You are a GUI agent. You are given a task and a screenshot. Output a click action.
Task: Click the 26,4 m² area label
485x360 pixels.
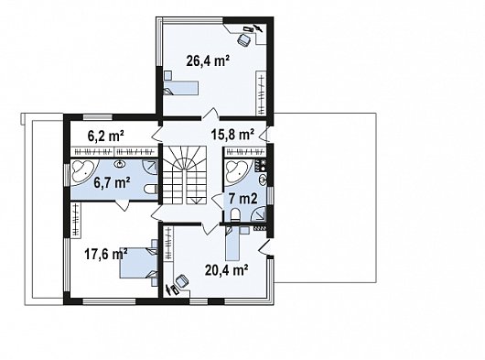208,61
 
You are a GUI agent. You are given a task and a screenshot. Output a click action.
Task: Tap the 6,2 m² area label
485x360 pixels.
106,136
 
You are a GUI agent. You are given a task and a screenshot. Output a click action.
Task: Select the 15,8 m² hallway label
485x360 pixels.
232,135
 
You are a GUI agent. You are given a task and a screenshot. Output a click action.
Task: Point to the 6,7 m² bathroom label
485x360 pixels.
112,182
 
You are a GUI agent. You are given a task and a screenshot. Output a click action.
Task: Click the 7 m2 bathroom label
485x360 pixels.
243,199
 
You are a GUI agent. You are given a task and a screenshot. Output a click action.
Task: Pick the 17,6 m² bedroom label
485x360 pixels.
106,255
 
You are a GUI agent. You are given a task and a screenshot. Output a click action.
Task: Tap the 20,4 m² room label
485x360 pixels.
226,270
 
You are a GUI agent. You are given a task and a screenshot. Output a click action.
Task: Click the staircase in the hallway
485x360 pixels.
185,175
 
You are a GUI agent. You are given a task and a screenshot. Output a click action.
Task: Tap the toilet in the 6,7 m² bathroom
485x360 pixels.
151,189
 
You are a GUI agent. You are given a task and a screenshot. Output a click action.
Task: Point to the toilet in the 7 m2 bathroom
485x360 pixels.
236,214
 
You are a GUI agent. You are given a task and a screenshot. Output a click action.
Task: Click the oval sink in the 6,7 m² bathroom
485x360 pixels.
120,164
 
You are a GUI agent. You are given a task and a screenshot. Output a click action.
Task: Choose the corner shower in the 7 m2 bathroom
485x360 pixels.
259,214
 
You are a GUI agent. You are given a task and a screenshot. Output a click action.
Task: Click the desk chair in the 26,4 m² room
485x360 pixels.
244,39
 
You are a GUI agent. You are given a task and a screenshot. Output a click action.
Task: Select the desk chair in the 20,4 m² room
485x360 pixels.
181,282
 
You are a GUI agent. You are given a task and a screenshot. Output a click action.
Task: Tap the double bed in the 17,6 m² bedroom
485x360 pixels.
139,263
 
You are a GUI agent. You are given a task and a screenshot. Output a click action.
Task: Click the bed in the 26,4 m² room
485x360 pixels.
180,88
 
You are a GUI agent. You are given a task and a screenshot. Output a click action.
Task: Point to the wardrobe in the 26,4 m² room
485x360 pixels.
262,93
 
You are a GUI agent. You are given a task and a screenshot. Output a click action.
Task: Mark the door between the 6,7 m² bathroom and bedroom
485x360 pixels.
123,205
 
